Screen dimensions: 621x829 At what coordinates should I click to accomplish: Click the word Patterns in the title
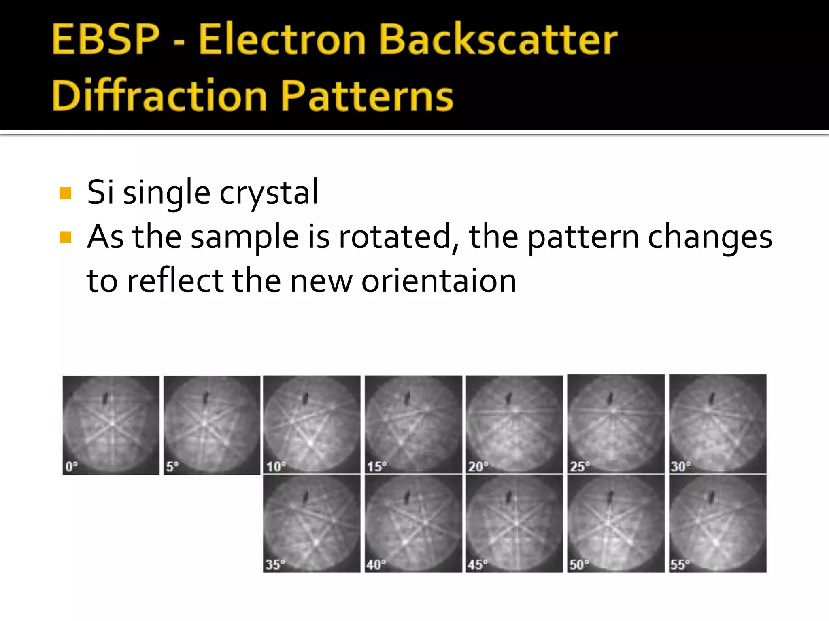point(367,95)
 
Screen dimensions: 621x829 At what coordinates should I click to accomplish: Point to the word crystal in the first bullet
point(269,193)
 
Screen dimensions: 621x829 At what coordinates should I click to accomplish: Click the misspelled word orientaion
point(439,281)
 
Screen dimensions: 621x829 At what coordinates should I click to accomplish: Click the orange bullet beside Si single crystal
point(65,193)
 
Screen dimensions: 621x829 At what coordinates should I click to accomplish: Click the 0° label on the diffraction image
point(72,467)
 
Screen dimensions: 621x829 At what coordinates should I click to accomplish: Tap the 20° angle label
point(478,467)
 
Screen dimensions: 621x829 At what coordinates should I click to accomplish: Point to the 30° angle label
point(680,467)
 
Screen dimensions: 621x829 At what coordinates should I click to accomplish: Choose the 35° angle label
point(275,564)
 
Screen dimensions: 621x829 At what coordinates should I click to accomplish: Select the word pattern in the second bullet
point(583,237)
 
